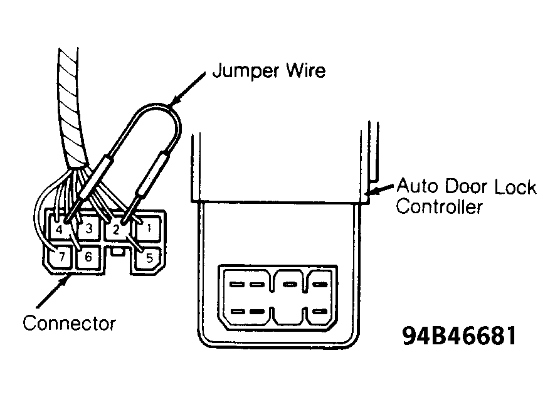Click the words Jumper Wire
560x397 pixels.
269,71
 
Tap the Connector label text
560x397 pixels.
69,323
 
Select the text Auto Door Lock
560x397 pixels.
467,186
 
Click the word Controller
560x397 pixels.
440,206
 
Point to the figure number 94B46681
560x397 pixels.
459,336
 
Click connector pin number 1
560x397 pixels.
149,228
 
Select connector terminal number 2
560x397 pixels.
116,230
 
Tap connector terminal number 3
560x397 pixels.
89,228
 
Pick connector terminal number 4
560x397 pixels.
60,229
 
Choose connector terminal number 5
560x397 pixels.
149,258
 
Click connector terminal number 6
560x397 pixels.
88,257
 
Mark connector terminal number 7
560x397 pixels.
61,257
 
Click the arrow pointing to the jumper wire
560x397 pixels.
187,89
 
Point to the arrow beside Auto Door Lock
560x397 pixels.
381,189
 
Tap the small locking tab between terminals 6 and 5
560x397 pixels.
118,252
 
